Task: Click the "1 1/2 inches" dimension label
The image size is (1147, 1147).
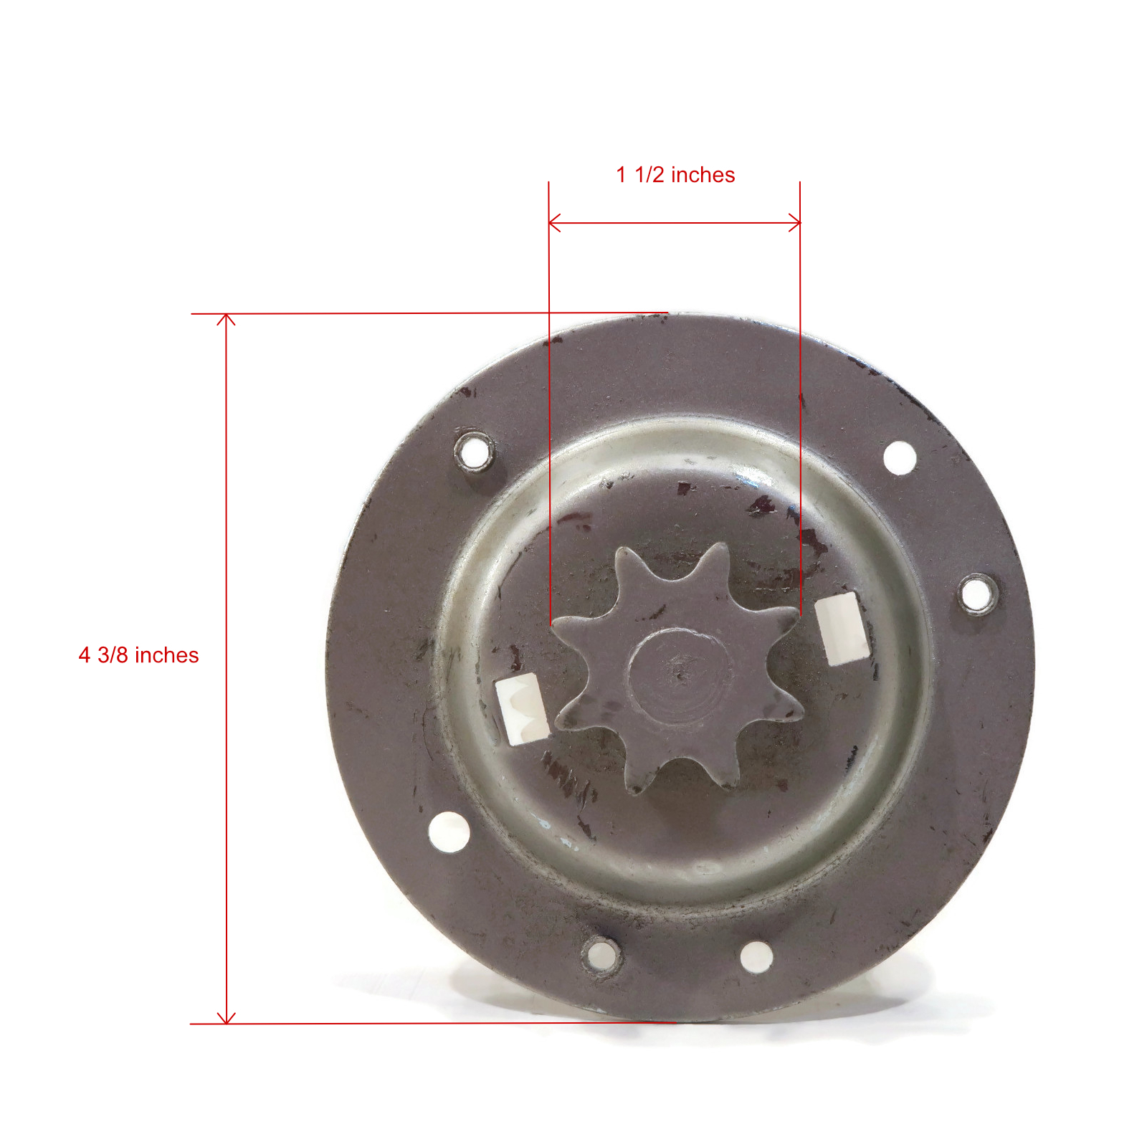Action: coord(675,175)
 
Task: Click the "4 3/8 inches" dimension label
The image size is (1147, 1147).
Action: coord(138,655)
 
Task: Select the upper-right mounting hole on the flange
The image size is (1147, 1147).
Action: coord(900,457)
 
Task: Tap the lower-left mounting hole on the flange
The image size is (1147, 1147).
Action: coord(449,832)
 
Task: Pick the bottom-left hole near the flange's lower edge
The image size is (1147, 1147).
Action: coord(601,956)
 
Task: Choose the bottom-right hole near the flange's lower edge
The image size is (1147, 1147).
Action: coord(756,957)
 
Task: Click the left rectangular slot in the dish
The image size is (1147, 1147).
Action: coord(522,708)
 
